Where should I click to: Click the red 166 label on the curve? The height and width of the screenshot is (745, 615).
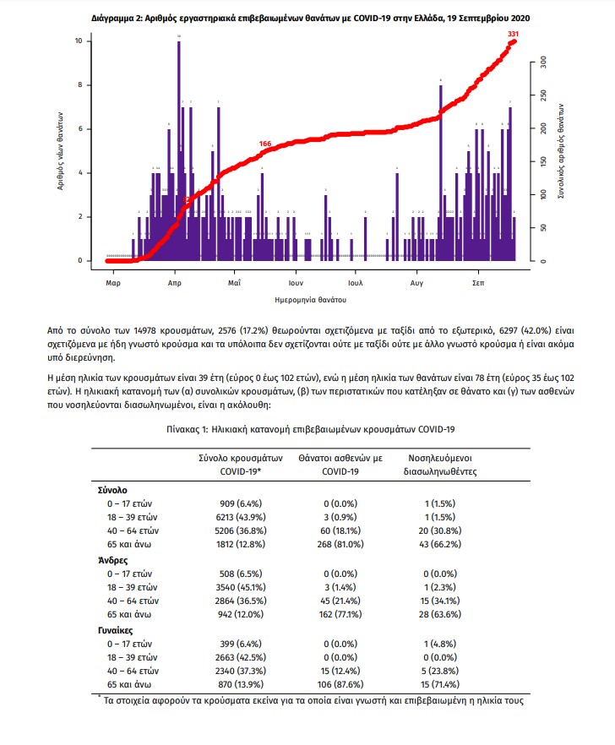tap(264, 144)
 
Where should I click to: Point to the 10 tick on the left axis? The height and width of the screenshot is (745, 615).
tap(79, 41)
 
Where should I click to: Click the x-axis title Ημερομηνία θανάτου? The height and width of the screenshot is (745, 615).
tap(310, 300)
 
